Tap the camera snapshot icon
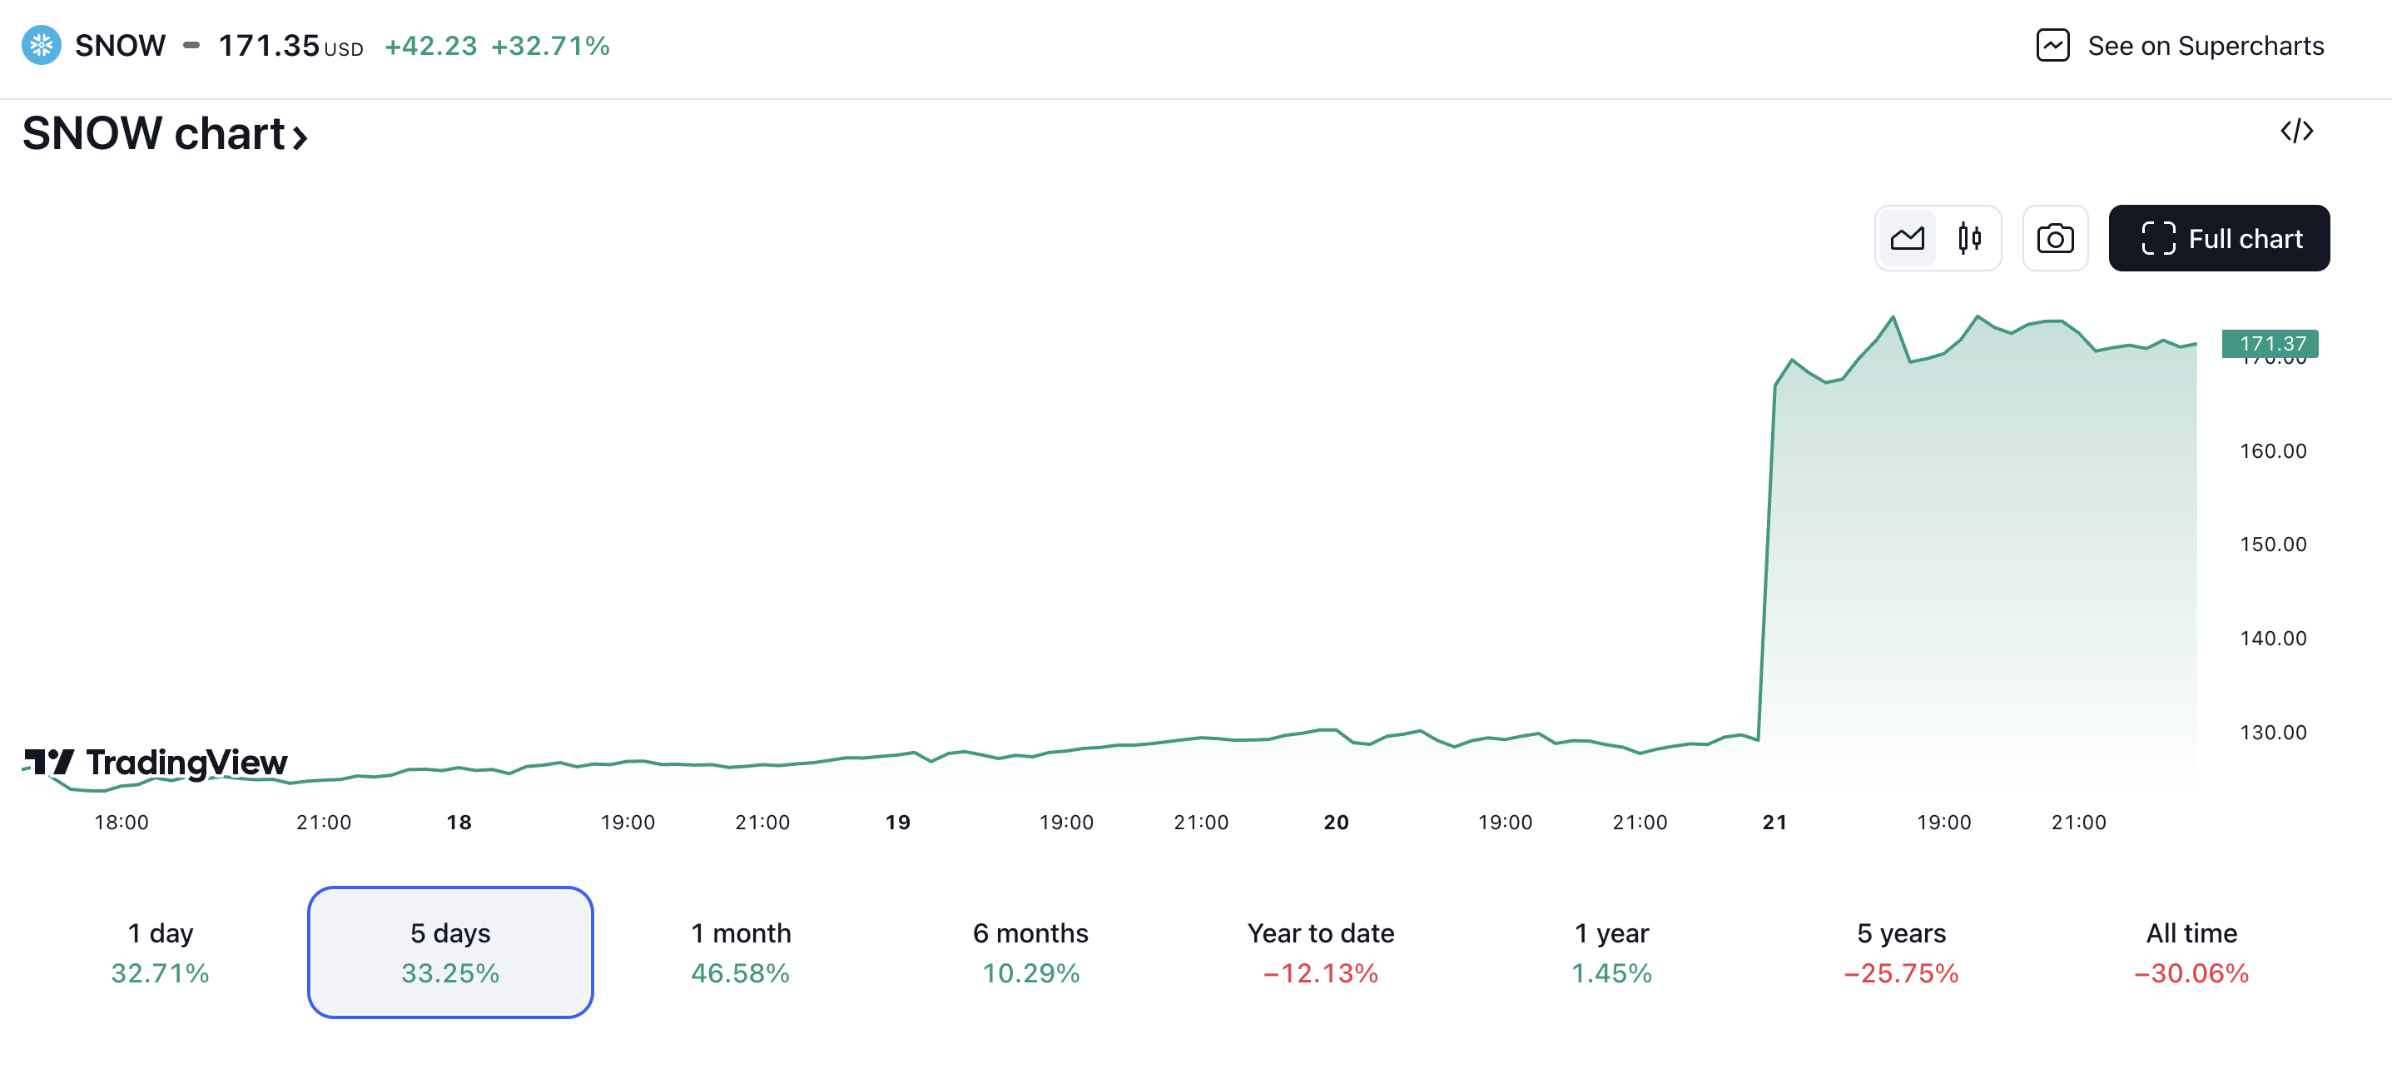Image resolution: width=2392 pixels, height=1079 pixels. tap(2054, 239)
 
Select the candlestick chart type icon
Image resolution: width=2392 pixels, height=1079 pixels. tap(1968, 239)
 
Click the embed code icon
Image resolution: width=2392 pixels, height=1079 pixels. tap(2295, 131)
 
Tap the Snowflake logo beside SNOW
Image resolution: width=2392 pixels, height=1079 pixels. tap(42, 46)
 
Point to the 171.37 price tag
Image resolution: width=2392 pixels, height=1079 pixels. tap(2270, 344)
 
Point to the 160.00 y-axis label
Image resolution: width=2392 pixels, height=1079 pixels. tap(2272, 451)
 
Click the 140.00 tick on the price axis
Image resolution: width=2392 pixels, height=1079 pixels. tap(2272, 638)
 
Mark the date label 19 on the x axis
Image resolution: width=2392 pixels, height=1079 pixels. tap(897, 822)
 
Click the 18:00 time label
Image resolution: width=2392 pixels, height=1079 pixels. tap(122, 822)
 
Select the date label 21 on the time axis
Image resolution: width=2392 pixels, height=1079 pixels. tap(1774, 822)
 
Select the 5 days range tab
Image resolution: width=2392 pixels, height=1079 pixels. tap(450, 952)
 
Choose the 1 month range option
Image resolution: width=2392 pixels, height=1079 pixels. tap(740, 952)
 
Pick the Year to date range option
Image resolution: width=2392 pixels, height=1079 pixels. tap(1321, 952)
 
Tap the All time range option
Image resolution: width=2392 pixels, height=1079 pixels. tap(2191, 952)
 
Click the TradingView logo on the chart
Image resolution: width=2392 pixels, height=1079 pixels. tap(156, 763)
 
